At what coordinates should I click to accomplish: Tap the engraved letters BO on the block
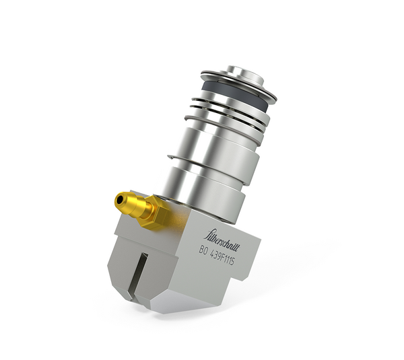(203, 250)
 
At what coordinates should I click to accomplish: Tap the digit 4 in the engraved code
(214, 254)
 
